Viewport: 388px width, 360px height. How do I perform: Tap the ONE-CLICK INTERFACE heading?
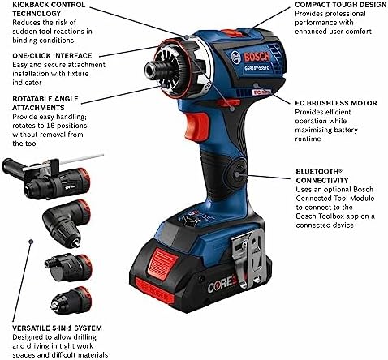click(50, 54)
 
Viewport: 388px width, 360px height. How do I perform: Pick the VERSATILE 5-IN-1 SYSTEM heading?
click(58, 328)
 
